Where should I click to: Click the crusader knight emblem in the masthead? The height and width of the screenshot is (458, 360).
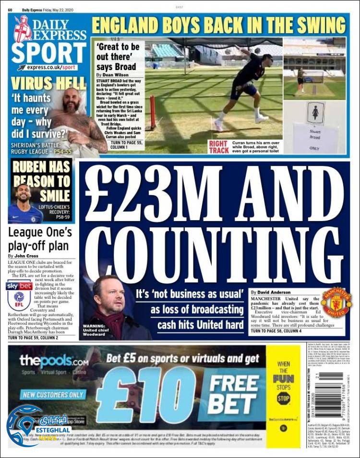click(23, 28)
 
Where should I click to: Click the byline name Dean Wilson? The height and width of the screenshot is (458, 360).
click(115, 75)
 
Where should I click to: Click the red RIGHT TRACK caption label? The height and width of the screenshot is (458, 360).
click(218, 147)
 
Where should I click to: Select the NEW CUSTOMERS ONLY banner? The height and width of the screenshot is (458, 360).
click(53, 395)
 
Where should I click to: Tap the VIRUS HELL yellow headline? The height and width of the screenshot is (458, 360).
click(48, 83)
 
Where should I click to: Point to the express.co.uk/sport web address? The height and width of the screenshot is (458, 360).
click(50, 68)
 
